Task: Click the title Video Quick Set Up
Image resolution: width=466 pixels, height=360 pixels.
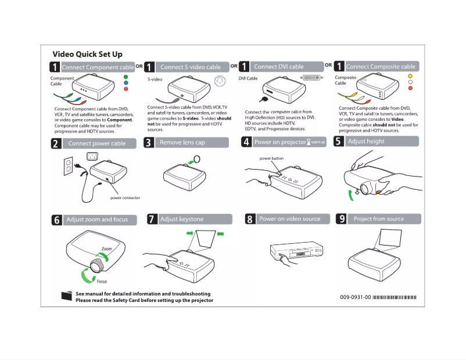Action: [87, 54]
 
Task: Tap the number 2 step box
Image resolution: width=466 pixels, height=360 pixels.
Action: [56, 143]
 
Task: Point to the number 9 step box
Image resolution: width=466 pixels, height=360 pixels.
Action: [342, 219]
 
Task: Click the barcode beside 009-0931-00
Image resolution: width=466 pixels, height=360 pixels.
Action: [395, 297]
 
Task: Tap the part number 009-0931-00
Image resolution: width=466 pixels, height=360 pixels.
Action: [355, 297]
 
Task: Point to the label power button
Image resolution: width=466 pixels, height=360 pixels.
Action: [271, 158]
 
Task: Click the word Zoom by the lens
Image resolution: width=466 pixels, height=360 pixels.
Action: [106, 249]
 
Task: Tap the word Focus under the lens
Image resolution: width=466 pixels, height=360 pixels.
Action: [102, 282]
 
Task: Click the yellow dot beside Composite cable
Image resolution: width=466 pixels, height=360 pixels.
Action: [410, 76]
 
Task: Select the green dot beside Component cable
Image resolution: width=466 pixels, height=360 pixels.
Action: [126, 76]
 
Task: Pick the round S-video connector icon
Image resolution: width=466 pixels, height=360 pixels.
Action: [218, 81]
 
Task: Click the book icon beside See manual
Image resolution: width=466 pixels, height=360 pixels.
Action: [66, 296]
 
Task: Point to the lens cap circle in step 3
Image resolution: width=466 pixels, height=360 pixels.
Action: [197, 158]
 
